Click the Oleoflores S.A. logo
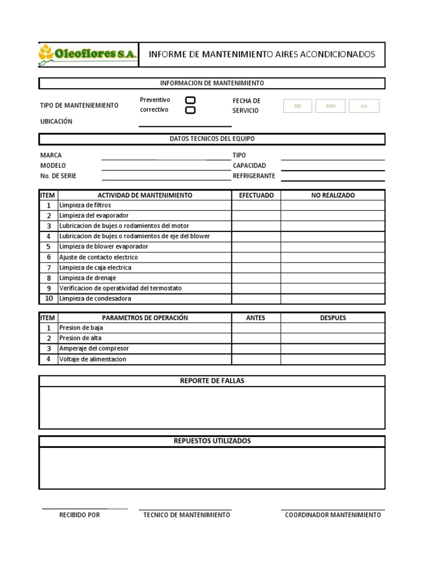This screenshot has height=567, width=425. tap(87, 54)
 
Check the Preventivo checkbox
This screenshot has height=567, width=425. tap(190, 100)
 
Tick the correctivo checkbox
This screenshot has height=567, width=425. tap(190, 110)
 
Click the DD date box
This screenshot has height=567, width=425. tap(298, 106)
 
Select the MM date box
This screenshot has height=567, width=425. tap(330, 106)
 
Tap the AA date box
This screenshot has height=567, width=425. tap(364, 106)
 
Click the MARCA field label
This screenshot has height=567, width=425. tap(51, 156)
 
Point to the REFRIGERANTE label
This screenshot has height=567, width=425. tap(253, 176)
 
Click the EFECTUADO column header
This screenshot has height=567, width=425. tap(256, 195)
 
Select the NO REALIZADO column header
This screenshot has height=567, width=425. tap(333, 195)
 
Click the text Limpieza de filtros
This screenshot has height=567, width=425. tap(85, 205)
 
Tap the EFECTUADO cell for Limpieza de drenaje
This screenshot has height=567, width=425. tap(256, 278)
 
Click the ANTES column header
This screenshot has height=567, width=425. tap(256, 318)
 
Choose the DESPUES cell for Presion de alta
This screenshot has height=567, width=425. tap(333, 338)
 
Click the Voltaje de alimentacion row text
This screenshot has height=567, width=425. tap(92, 359)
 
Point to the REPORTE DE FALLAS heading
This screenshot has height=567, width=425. tap(212, 381)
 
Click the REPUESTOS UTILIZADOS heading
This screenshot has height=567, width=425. tap(212, 441)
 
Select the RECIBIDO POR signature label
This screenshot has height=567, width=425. tap(80, 515)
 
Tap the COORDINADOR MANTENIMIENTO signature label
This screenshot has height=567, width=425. tap(333, 515)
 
